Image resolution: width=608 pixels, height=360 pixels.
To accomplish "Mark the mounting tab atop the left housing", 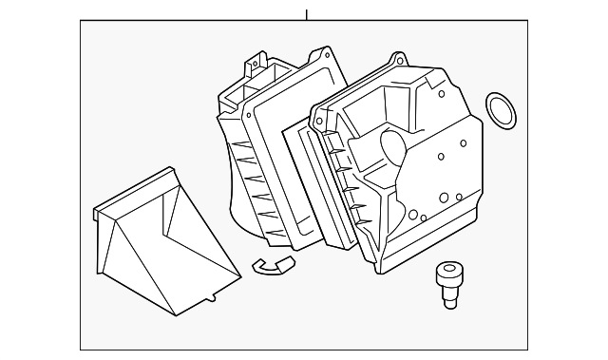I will (x=252, y=66).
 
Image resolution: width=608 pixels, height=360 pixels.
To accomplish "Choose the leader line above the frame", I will (x=306, y=15).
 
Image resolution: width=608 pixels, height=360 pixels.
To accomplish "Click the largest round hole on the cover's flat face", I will (x=443, y=198).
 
